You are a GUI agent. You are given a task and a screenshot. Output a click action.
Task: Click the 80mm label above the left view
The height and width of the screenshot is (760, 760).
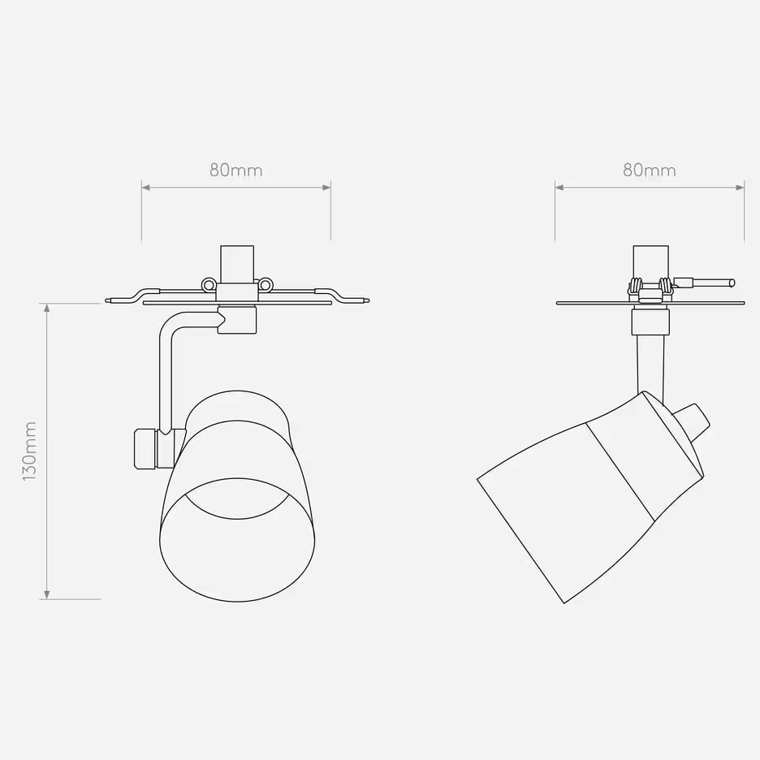[x=235, y=171]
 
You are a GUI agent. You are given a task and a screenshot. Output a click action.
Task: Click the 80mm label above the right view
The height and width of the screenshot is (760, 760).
[x=649, y=171]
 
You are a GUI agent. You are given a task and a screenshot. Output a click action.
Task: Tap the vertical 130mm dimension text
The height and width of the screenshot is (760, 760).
[x=30, y=451]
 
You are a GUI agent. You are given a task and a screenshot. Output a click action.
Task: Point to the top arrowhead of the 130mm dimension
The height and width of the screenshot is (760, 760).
[x=47, y=308]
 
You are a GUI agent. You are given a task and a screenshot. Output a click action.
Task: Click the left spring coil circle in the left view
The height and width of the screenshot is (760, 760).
[x=209, y=285]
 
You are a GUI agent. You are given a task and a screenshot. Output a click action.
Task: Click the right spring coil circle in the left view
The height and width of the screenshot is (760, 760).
[x=266, y=285]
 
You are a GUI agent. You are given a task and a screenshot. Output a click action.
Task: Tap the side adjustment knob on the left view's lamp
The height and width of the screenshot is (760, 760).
[x=145, y=448]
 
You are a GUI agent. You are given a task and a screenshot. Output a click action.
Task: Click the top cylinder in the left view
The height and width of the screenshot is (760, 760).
[x=237, y=264]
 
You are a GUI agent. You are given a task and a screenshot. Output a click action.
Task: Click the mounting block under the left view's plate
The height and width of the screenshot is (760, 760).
[x=238, y=320]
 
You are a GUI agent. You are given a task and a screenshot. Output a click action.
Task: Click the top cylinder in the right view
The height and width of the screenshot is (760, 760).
[x=650, y=264]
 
